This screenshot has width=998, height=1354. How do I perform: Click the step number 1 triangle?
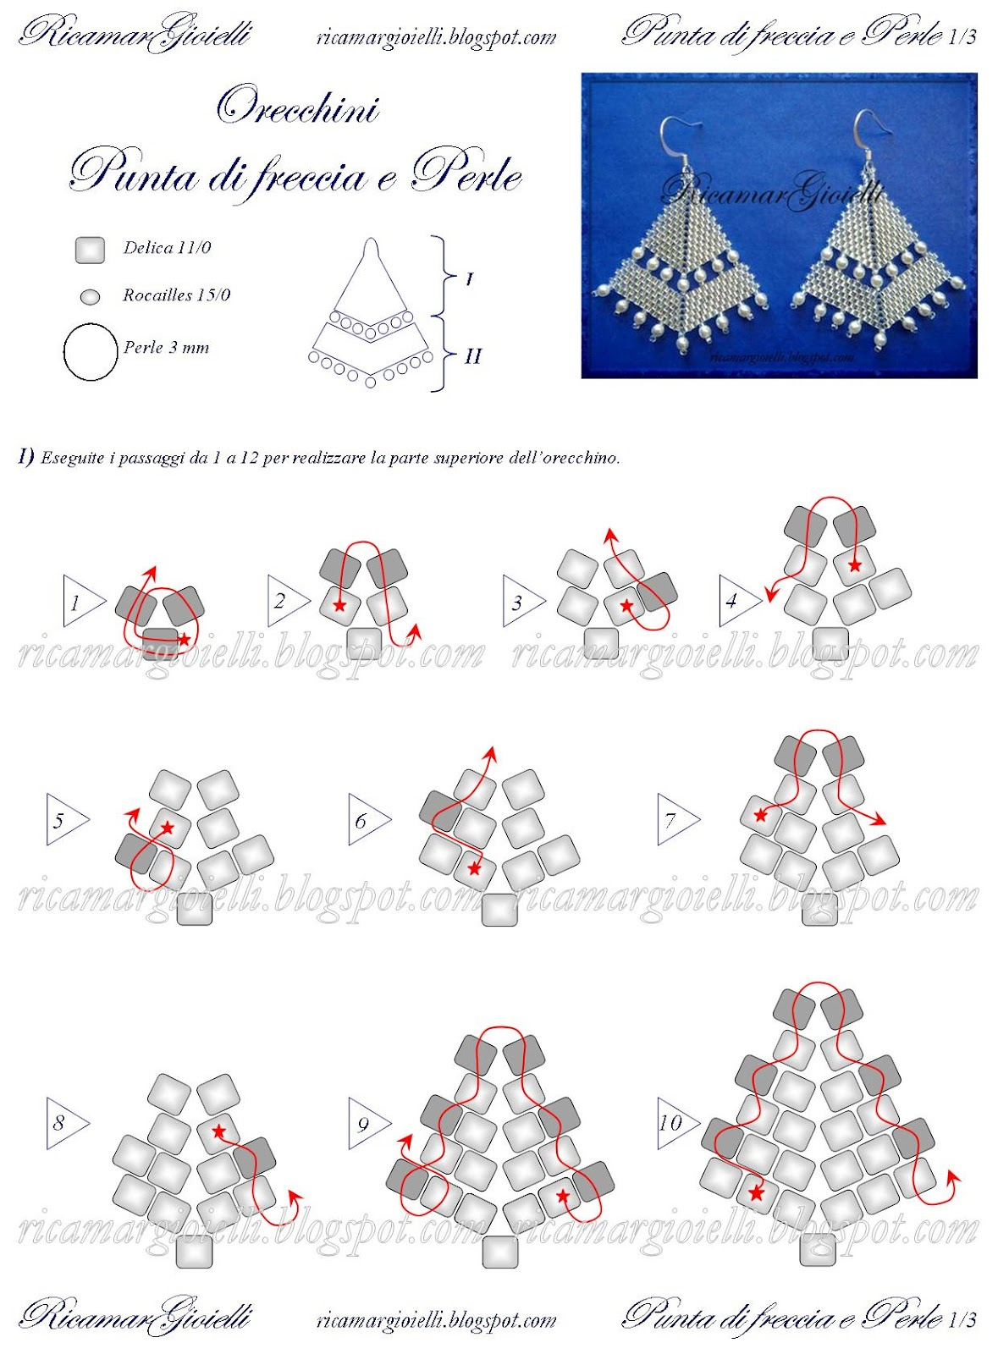pos(82,601)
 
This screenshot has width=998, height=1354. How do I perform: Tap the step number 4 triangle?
pos(738,601)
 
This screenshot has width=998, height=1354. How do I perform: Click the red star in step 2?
pos(339,605)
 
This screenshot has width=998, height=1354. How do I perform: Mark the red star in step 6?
pos(474,869)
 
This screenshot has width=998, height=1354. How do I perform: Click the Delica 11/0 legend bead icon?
pos(90,250)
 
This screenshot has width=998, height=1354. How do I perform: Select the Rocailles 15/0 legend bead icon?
pos(91,296)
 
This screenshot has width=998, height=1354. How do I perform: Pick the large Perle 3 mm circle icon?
pos(90,352)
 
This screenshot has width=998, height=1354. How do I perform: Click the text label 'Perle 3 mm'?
pos(166,348)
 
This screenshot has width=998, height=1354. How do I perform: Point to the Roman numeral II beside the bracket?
pos(472,356)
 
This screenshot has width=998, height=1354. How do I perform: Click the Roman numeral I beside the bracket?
pos(470,279)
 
